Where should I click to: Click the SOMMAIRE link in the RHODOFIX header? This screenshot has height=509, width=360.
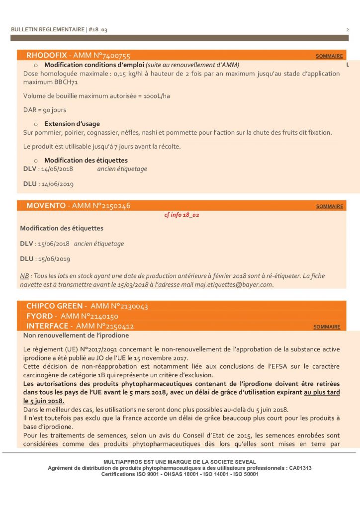pyautogui.click(x=329, y=56)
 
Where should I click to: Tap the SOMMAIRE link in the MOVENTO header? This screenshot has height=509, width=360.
pyautogui.click(x=329, y=206)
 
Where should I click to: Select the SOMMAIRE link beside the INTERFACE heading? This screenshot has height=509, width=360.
pyautogui.click(x=327, y=327)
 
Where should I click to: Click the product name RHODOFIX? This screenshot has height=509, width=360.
pyautogui.click(x=47, y=56)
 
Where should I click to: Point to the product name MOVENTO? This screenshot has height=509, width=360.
pyautogui.click(x=46, y=206)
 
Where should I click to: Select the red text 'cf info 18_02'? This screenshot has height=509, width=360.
pyautogui.click(x=181, y=215)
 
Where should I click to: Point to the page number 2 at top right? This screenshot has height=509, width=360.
pyautogui.click(x=347, y=30)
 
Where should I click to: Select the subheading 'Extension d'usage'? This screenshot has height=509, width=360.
pyautogui.click(x=72, y=124)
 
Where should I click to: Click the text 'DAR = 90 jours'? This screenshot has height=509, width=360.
pyautogui.click(x=45, y=110)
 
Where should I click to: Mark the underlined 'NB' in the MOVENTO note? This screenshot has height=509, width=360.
pyautogui.click(x=24, y=276)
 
